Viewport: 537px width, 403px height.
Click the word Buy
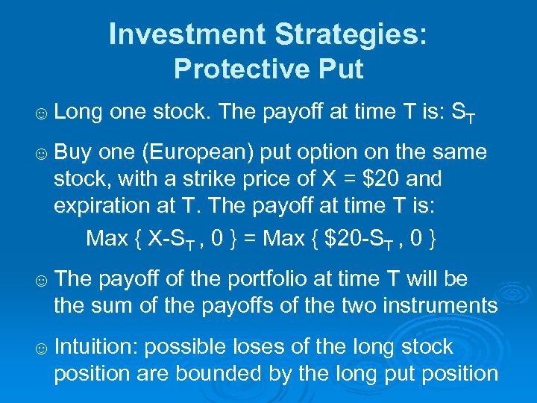tap(72, 153)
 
